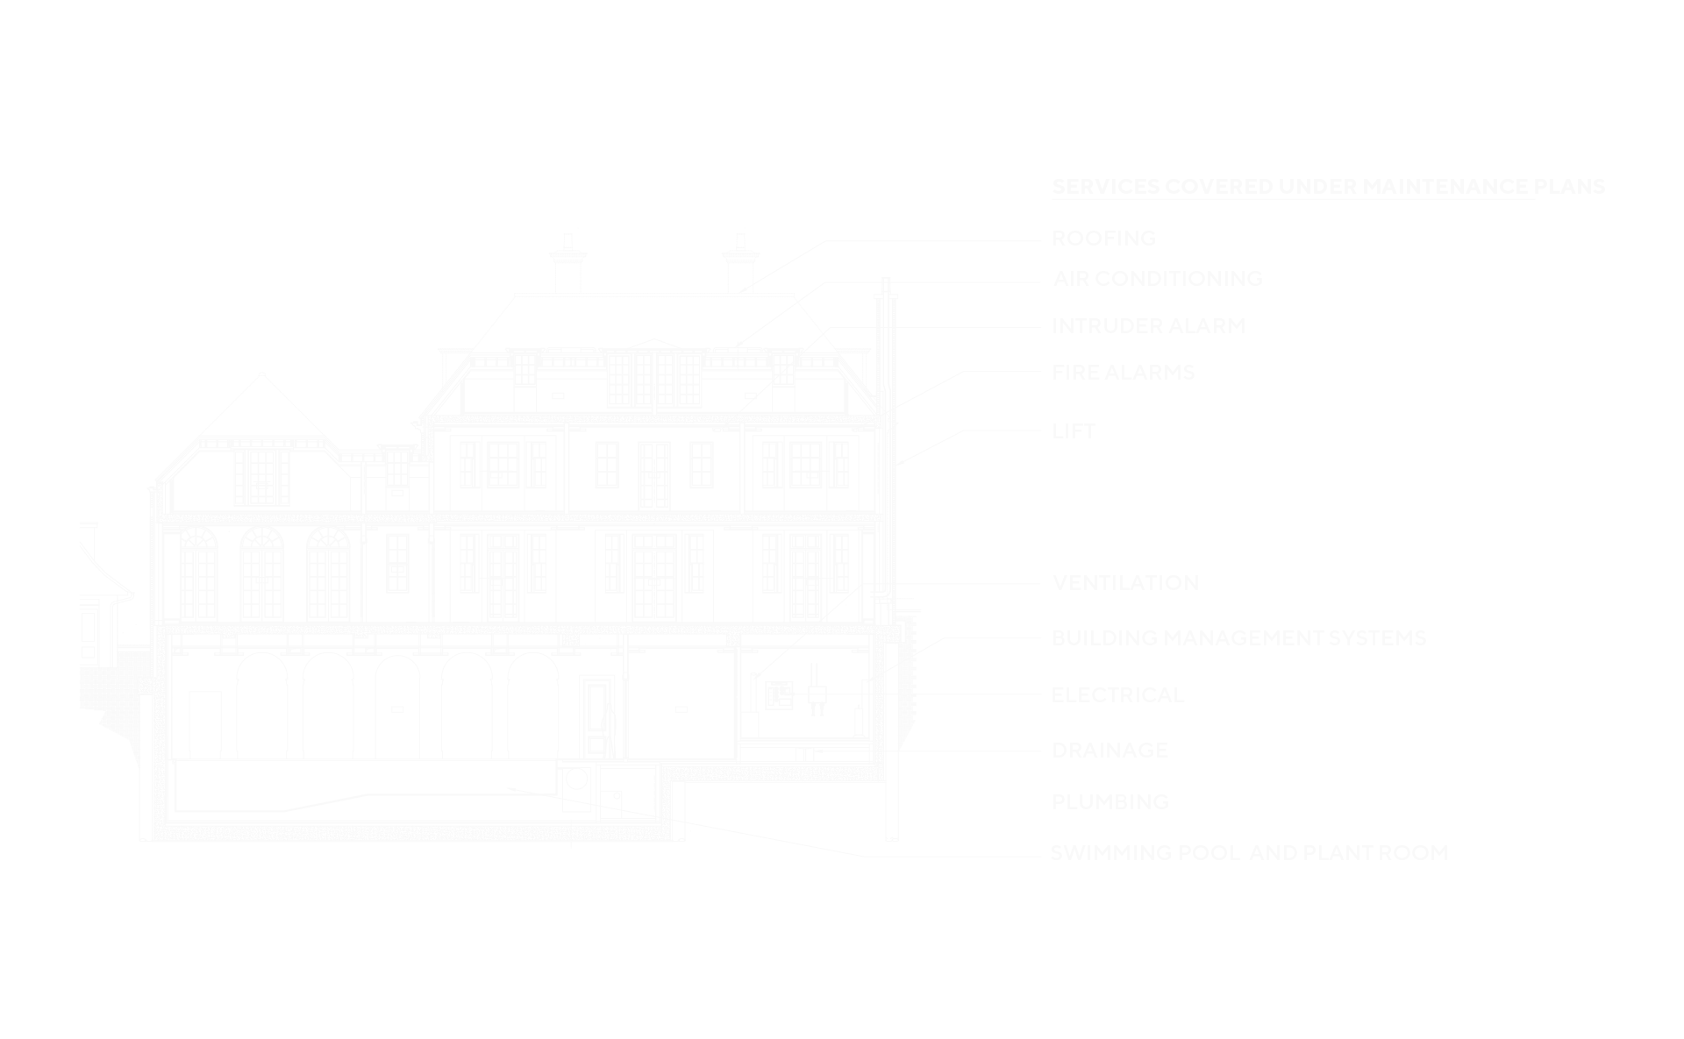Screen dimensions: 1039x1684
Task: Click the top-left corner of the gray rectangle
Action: tap(79, 179)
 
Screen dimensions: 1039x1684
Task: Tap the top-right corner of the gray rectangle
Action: tap(1605, 179)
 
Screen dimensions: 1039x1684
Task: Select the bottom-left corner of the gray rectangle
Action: tap(79, 859)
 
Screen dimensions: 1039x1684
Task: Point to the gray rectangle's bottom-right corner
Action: tap(1605, 859)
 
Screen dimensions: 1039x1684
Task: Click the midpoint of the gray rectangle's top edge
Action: tap(842, 179)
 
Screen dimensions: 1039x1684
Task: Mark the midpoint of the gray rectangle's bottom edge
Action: tap(842, 859)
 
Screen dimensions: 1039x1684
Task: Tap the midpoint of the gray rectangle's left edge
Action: tap(79, 519)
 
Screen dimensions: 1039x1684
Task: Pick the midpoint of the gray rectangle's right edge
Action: tap(1605, 519)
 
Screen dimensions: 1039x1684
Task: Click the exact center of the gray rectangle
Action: tap(842, 519)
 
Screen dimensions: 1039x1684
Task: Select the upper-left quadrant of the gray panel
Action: tap(460, 349)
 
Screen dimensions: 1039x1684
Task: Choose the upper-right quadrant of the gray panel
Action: tap(1224, 349)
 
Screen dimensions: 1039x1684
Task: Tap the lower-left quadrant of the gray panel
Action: tap(460, 689)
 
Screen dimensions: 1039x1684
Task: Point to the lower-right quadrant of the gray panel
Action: tap(1224, 689)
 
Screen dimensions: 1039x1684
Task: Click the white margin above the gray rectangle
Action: tap(842, 88)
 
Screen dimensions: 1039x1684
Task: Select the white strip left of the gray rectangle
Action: tap(39, 519)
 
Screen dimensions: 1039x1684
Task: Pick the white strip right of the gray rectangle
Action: tap(1645, 519)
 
